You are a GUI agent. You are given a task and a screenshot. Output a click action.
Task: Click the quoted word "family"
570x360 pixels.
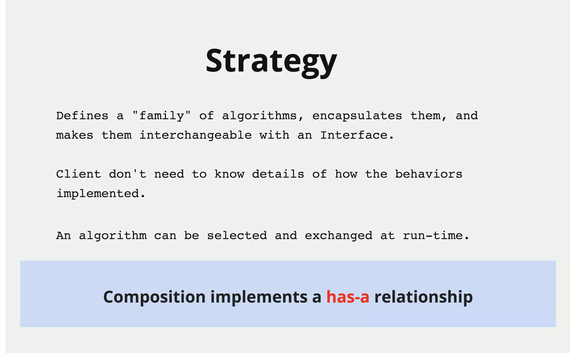pyautogui.click(x=161, y=116)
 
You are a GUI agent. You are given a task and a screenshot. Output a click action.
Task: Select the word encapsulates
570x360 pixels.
pyautogui.click(x=357, y=116)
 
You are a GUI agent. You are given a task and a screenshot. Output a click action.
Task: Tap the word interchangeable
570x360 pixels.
pyautogui.click(x=195, y=135)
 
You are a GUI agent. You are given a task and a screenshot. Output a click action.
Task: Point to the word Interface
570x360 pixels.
pyautogui.click(x=357, y=135)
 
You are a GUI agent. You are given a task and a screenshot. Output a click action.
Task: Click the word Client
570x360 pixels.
pyautogui.click(x=78, y=174)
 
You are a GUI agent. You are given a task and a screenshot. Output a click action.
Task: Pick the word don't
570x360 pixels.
pyautogui.click(x=127, y=174)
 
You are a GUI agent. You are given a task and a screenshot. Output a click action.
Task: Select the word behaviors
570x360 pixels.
pyautogui.click(x=429, y=174)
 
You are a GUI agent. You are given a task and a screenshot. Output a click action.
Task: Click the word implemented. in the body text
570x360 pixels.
pyautogui.click(x=101, y=194)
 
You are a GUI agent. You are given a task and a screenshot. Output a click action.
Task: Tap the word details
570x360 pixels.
pyautogui.click(x=278, y=174)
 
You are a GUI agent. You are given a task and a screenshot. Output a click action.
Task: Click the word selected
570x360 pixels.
pyautogui.click(x=237, y=236)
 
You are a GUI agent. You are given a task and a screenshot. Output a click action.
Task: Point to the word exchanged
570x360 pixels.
pyautogui.click(x=338, y=236)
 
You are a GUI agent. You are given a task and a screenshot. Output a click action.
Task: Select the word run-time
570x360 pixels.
pyautogui.click(x=436, y=236)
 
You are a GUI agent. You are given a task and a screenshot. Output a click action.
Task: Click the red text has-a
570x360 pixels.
pyautogui.click(x=348, y=297)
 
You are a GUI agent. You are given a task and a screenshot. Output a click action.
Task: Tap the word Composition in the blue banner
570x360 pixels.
pyautogui.click(x=154, y=297)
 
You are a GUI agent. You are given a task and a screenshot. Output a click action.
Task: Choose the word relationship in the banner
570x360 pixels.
pyautogui.click(x=423, y=297)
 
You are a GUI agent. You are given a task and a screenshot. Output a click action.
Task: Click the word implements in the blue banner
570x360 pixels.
pyautogui.click(x=259, y=297)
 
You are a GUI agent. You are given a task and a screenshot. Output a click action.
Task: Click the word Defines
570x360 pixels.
pyautogui.click(x=82, y=116)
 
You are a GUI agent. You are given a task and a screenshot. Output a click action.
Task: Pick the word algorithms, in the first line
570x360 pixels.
pyautogui.click(x=263, y=116)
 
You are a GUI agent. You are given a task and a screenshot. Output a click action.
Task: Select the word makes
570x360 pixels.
pyautogui.click(x=75, y=135)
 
